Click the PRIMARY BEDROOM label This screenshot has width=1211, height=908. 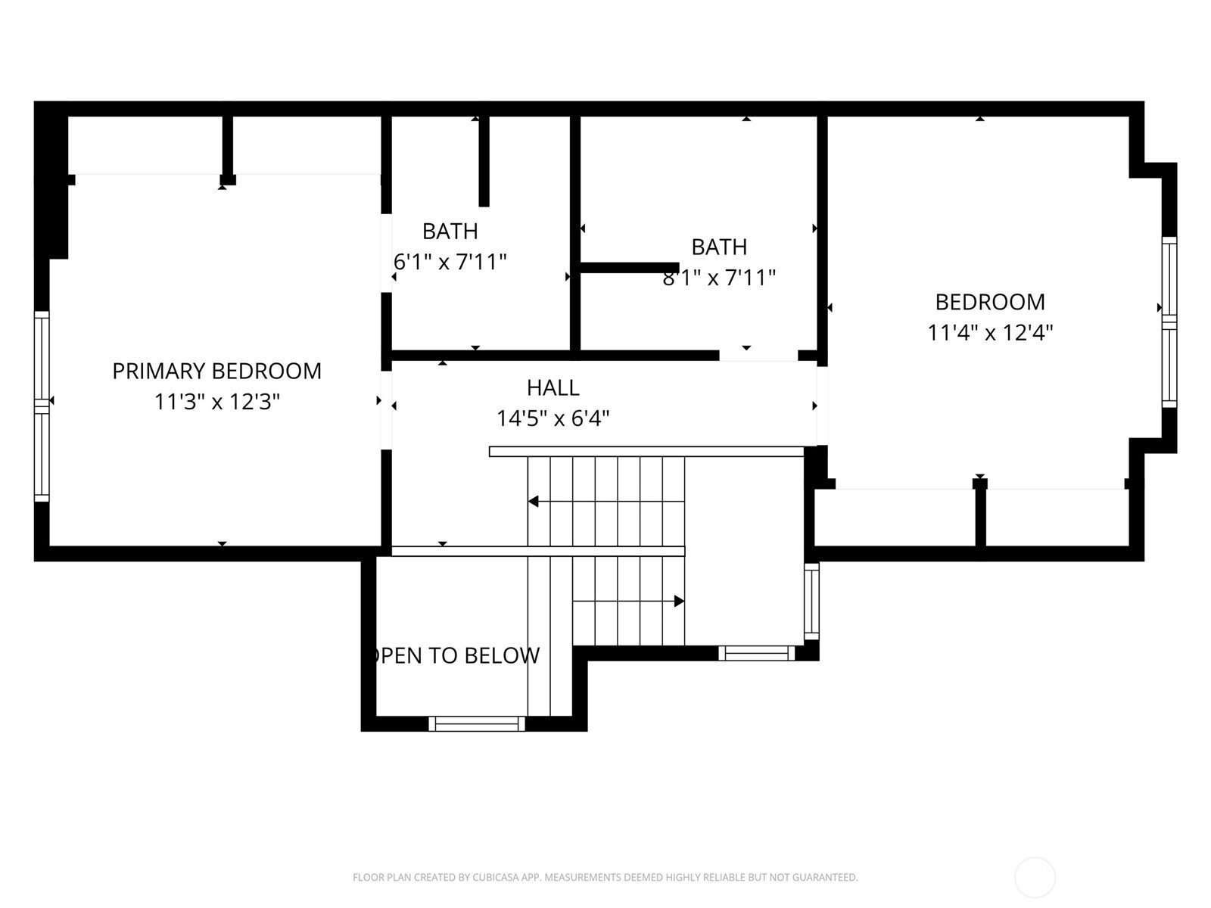(216, 371)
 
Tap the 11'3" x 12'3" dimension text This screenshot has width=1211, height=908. (216, 402)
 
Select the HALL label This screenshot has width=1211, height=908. (553, 387)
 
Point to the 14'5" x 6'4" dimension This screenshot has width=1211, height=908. (553, 418)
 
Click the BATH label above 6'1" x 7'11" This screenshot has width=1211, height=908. (450, 231)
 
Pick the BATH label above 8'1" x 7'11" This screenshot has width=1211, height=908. (720, 247)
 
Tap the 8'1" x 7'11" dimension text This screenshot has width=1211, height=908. (720, 277)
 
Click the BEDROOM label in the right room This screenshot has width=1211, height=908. (990, 302)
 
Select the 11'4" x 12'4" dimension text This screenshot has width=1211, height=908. (990, 332)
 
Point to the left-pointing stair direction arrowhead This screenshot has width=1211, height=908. (533, 501)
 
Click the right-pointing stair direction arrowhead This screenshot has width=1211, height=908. (679, 601)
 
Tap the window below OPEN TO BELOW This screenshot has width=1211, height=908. (477, 723)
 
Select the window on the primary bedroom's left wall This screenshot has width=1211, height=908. (42, 406)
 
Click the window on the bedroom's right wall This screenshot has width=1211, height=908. (1169, 322)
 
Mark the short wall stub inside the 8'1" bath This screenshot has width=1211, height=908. (630, 268)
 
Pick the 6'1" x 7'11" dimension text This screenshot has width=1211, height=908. (450, 262)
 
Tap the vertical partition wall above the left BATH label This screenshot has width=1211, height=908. (484, 161)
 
